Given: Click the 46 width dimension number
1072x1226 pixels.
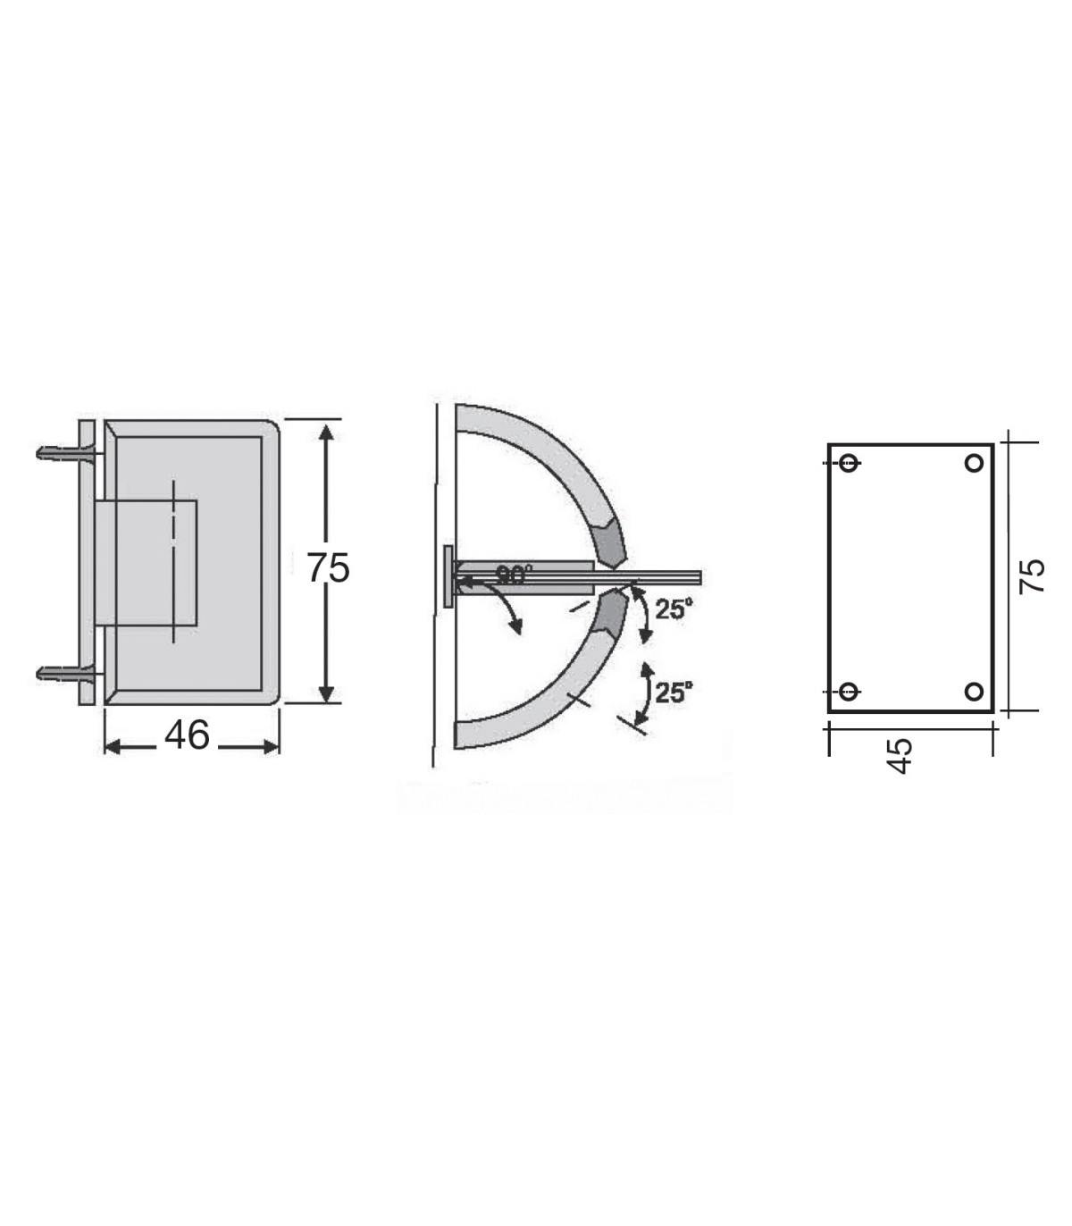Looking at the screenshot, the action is [187, 735].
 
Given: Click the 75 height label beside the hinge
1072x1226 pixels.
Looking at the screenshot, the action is [328, 568].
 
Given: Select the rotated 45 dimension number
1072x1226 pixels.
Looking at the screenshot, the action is [899, 756].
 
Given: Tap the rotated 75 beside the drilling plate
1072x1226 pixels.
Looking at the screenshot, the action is [1032, 576].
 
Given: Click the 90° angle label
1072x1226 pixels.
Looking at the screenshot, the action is [515, 575].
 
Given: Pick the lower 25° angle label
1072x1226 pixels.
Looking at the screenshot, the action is [674, 693].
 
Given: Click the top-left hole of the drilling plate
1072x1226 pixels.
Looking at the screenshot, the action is [849, 463].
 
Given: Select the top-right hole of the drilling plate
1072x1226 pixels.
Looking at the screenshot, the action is [974, 463].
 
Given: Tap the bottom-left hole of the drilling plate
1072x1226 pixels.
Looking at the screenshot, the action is [848, 692].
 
